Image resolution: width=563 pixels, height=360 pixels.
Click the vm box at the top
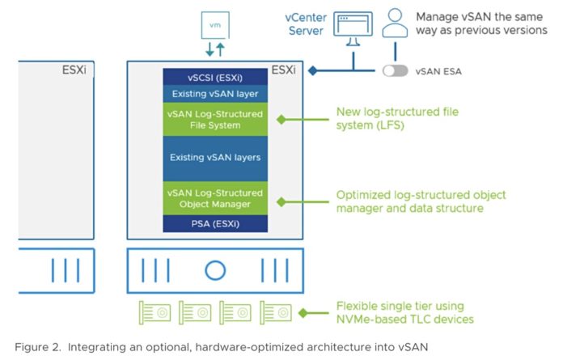coord(214,26)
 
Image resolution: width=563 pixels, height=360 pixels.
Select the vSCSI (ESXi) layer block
coord(214,77)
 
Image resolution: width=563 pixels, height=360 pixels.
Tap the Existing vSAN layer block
coord(214,95)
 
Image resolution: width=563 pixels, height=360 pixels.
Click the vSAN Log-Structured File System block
coord(214,119)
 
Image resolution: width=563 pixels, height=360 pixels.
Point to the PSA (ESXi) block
coord(214,222)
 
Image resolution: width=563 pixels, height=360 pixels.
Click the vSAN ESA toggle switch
coord(396,71)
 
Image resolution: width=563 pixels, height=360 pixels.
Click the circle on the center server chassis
coord(215,270)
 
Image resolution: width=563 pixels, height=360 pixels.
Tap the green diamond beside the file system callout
coord(282,119)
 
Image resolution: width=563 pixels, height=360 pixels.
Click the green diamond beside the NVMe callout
coord(303,312)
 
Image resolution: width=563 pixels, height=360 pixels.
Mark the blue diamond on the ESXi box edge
coord(311,70)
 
